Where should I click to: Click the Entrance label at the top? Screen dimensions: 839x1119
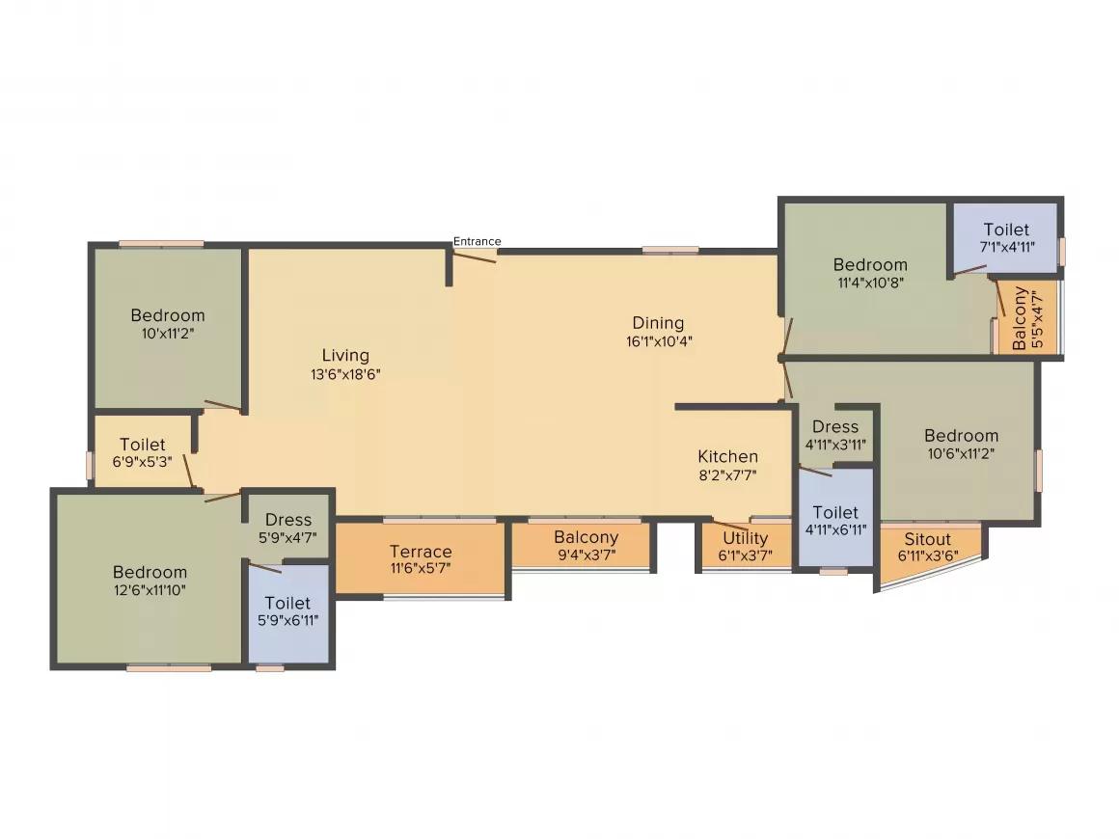478,241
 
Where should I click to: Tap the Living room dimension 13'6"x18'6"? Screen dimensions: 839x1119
345,375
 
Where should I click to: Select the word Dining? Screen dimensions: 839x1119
658,323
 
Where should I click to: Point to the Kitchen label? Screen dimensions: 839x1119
728,456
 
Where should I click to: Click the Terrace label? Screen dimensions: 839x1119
421,552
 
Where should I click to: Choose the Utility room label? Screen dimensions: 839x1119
746,538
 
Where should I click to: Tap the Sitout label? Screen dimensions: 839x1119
927,539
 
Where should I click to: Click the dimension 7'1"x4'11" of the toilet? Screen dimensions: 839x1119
1006,248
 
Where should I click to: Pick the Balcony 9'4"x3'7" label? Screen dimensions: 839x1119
587,537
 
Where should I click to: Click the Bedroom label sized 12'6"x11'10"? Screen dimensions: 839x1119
150,572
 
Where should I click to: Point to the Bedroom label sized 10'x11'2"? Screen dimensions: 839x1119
168,315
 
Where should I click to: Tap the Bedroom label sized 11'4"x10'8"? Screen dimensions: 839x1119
870,264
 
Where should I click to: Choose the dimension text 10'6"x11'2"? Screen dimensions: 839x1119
961,454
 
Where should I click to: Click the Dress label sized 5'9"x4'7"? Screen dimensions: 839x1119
288,520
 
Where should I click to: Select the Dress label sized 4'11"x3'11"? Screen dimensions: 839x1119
835,426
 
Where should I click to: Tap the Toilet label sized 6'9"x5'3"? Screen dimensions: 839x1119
143,445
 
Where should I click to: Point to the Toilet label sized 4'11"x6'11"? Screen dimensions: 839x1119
835,512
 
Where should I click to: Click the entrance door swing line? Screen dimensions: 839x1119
475,256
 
